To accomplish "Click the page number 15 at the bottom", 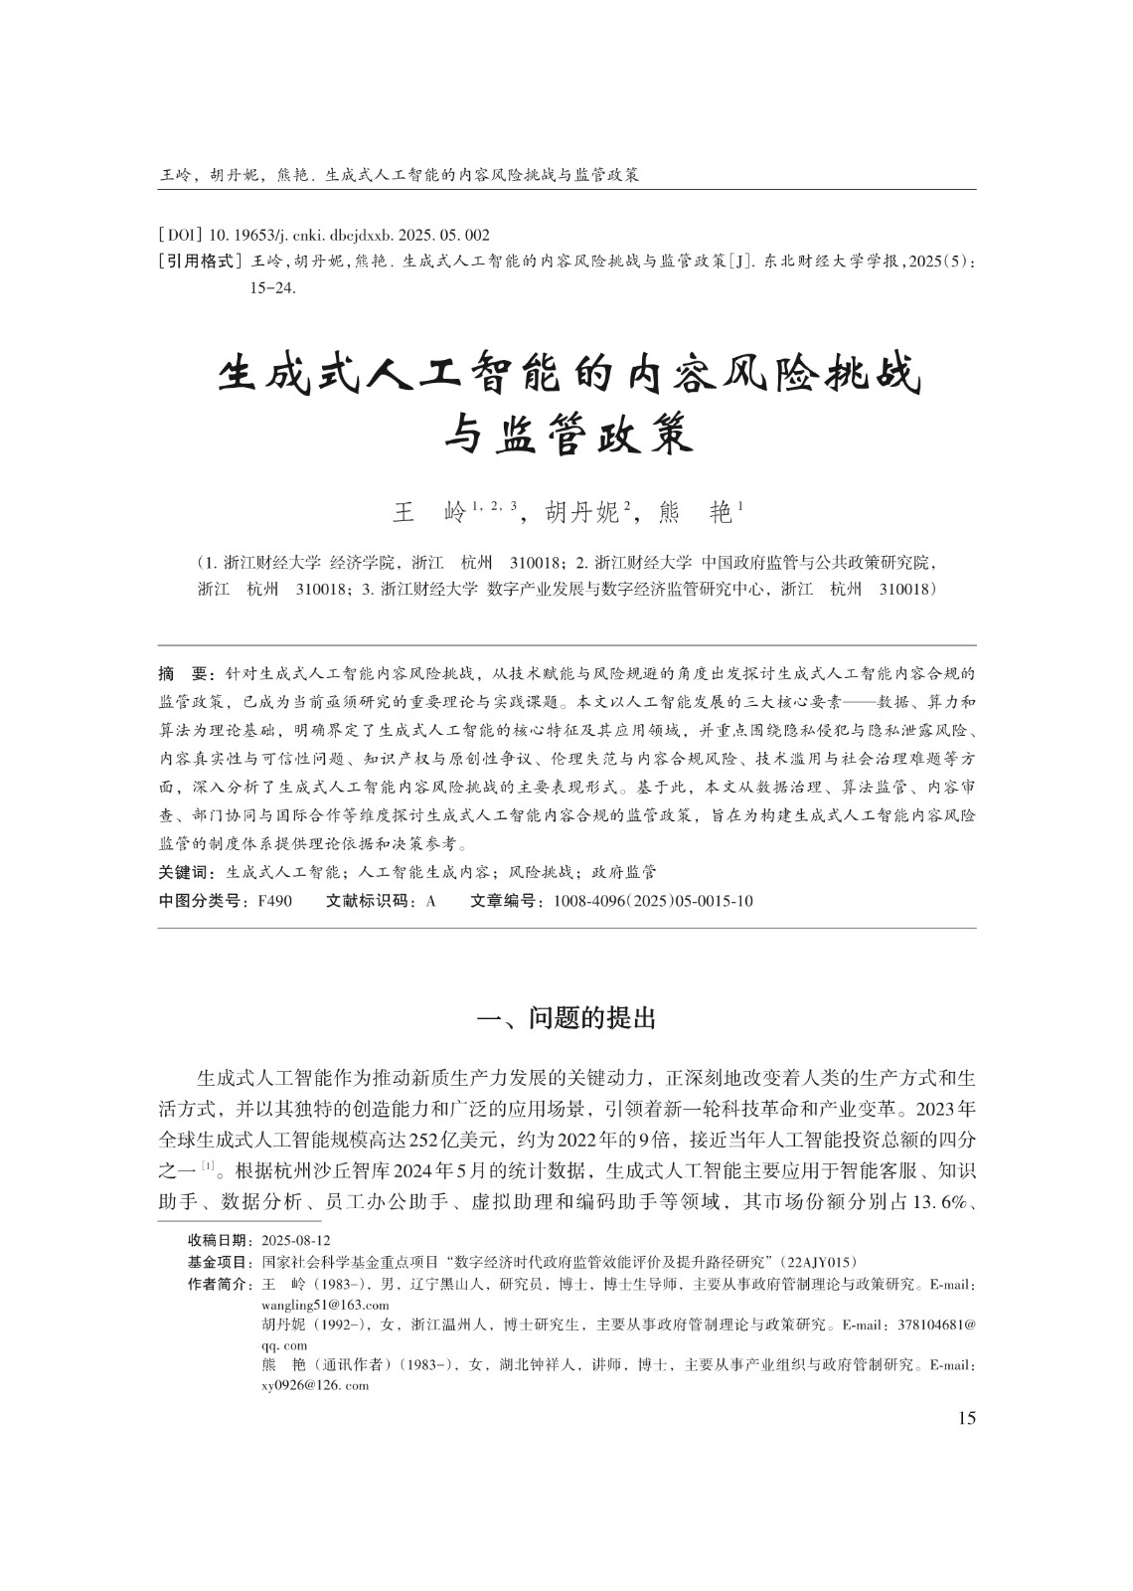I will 966,1418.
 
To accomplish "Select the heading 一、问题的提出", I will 566,1019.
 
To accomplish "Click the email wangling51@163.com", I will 324,1305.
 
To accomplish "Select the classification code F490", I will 273,902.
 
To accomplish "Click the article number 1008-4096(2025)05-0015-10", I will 647,902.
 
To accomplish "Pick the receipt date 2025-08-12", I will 295,1241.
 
